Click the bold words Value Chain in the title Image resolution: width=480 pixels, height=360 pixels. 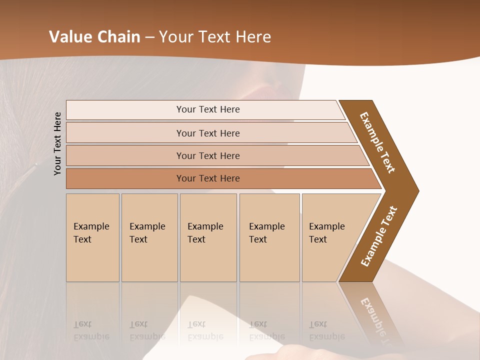click(94, 36)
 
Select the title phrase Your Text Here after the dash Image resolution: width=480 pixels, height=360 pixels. click(215, 36)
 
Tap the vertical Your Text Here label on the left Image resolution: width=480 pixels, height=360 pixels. click(57, 143)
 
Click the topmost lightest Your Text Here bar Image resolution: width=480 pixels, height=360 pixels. click(207, 109)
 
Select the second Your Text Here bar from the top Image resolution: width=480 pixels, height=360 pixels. click(207, 133)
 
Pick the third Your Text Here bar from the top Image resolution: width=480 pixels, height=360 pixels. click(207, 155)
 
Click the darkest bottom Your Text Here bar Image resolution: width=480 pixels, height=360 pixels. click(207, 178)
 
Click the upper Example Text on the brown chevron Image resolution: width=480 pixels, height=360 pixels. click(377, 142)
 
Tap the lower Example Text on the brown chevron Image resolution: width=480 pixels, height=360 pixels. click(379, 236)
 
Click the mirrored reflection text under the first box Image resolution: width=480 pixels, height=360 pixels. click(91, 330)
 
